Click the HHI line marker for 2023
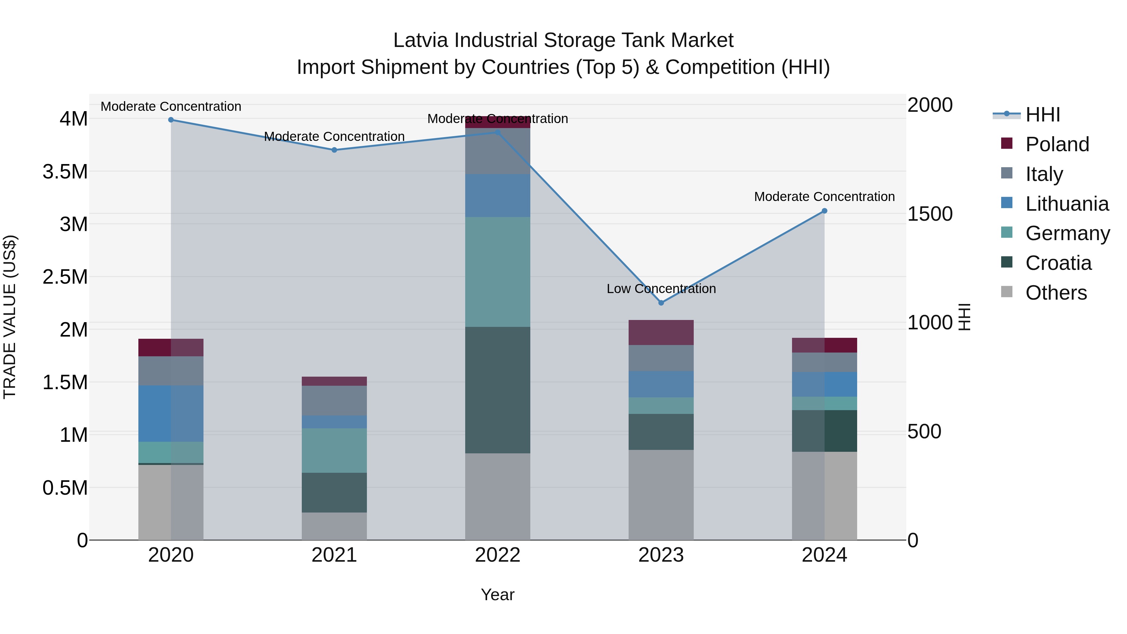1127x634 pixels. tap(661, 303)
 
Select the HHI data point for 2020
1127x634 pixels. tap(171, 120)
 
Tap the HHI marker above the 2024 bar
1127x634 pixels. tap(824, 211)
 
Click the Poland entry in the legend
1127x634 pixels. tap(1057, 144)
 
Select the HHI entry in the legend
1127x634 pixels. tap(1042, 115)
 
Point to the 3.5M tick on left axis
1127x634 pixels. tap(65, 172)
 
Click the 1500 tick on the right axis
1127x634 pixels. tap(930, 214)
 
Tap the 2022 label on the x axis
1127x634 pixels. tap(497, 555)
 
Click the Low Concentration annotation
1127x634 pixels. tap(661, 289)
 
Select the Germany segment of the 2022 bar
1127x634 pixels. tap(497, 272)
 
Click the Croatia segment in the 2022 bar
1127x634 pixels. tap(497, 389)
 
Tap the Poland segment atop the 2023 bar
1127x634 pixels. tap(661, 332)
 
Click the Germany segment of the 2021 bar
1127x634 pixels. tap(334, 450)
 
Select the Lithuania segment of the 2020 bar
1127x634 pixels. tap(171, 414)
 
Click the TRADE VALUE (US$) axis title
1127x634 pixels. tap(10, 317)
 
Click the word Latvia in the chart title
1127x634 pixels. tap(420, 41)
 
